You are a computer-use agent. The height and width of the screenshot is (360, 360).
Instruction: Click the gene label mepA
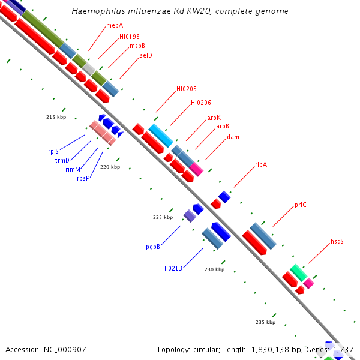click(x=115, y=26)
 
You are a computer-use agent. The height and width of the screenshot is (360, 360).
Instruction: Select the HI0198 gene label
click(x=128, y=37)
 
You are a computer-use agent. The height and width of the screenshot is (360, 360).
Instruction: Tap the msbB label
click(x=137, y=46)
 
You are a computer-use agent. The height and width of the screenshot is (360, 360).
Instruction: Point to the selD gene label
click(x=146, y=55)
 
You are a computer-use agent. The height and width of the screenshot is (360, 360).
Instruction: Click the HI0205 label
click(x=187, y=89)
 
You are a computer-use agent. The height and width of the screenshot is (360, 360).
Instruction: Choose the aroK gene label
click(x=214, y=118)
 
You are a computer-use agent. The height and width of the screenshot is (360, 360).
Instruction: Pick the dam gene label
click(x=233, y=137)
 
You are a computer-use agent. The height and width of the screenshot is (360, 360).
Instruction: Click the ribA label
click(x=261, y=164)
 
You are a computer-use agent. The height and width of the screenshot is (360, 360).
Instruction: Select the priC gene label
click(x=301, y=205)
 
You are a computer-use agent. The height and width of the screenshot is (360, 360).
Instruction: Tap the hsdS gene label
click(x=337, y=241)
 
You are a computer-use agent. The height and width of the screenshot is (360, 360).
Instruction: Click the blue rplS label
click(x=53, y=151)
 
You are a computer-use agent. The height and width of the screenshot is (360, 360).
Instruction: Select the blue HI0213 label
click(x=172, y=268)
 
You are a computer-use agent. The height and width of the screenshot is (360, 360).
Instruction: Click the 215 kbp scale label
click(x=56, y=117)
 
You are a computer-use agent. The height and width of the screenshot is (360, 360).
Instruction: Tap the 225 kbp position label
click(x=163, y=217)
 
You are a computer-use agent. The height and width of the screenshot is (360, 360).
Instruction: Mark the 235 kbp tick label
click(x=265, y=322)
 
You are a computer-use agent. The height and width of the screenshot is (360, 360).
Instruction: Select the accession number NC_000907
click(x=65, y=349)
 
